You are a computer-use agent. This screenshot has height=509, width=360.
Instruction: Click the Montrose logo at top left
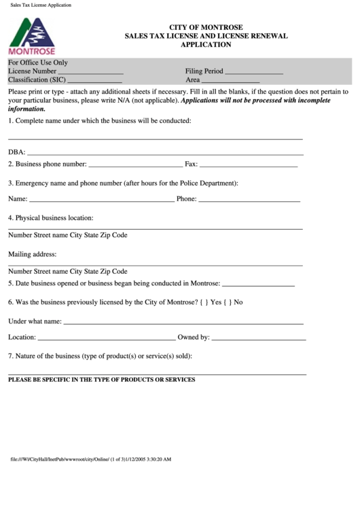32,35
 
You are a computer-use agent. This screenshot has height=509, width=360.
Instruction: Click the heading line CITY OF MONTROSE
205,27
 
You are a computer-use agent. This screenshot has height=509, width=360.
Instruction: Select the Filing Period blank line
253,72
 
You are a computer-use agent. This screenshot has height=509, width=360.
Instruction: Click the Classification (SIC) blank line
95,81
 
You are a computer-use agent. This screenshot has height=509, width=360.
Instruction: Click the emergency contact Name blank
102,201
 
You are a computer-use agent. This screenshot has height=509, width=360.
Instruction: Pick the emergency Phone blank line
249,201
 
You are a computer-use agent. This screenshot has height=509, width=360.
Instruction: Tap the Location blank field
106,338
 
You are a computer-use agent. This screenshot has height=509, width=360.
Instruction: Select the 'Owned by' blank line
259,338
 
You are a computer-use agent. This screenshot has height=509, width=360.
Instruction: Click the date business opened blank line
258,285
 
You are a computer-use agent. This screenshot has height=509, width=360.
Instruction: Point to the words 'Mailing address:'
32,254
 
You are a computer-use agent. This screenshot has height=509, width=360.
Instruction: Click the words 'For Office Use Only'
38,63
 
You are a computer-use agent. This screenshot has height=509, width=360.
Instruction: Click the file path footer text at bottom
91,459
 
